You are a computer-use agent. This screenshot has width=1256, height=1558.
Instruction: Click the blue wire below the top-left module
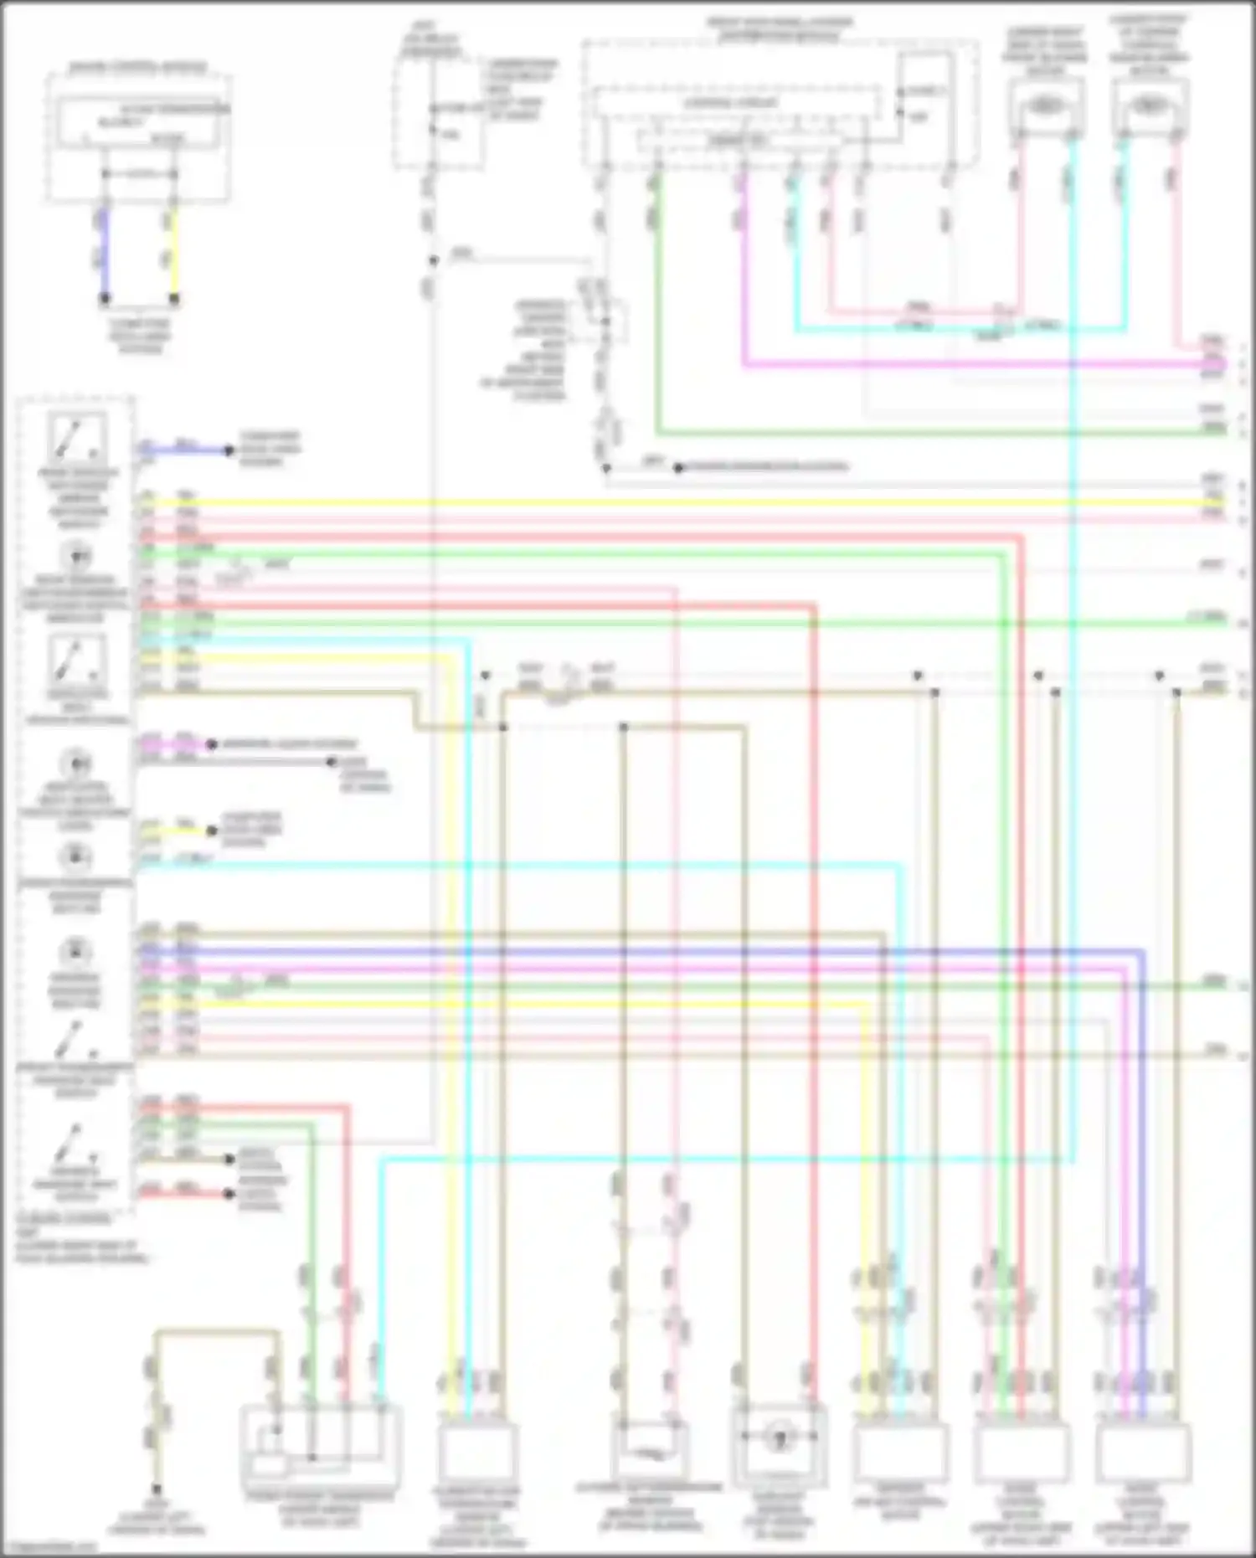104,251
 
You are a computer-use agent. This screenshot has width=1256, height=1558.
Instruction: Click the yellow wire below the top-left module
173,251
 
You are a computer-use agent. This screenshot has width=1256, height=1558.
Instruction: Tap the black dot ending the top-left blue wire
105,297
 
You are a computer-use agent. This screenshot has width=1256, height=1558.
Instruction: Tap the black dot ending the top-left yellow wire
174,297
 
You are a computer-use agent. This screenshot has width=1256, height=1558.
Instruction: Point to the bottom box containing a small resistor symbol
650,1453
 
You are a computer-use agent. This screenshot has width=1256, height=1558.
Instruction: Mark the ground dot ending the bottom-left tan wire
156,1490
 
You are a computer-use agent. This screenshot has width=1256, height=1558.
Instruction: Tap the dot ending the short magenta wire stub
212,744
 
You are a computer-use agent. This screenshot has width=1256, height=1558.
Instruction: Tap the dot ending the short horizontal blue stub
228,450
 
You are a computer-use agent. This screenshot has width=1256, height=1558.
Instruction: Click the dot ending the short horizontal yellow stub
212,831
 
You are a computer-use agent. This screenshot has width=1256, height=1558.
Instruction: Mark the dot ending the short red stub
229,1194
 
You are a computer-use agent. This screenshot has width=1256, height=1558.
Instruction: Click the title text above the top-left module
137,66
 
